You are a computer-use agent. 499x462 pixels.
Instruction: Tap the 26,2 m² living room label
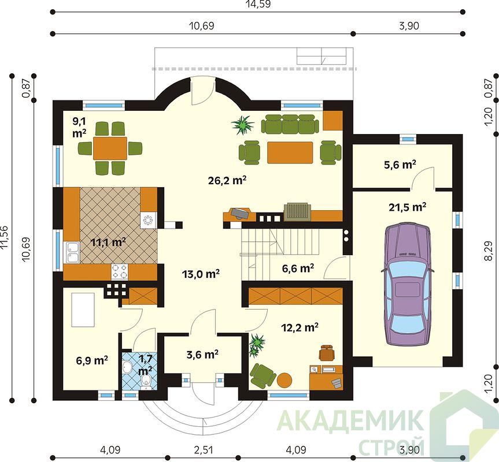227,181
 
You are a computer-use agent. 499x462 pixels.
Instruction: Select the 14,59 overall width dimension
258,4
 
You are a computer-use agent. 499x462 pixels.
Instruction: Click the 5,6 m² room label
400,165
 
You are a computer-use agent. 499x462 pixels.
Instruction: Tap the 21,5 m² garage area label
407,207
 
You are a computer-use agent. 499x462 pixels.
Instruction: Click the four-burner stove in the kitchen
119,271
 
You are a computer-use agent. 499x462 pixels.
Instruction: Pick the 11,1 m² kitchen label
108,243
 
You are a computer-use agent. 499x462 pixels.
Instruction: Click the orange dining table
110,148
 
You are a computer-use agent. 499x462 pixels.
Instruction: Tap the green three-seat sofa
290,124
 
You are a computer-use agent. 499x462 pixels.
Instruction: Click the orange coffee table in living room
290,152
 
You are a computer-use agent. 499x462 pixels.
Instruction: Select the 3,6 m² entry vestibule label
202,354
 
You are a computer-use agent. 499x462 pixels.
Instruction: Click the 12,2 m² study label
300,327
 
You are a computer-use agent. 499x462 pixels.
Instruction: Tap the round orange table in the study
284,379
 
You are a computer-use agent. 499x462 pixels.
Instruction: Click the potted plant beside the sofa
243,125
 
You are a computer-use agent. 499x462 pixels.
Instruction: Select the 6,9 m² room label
92,360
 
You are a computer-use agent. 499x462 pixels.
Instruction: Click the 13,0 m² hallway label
201,274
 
